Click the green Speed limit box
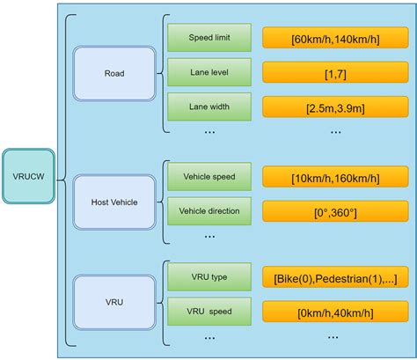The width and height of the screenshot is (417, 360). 209,37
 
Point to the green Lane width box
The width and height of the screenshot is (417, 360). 209,107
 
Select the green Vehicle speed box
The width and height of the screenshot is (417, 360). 209,176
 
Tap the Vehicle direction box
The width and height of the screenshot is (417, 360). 209,211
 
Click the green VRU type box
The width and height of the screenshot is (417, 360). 209,277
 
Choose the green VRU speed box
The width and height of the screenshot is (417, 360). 209,311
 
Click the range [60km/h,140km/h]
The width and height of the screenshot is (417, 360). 335,38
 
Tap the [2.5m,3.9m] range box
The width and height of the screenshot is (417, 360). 335,107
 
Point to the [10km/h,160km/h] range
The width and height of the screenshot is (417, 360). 335,177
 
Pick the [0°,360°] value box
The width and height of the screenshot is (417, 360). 335,211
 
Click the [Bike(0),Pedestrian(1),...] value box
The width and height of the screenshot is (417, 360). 335,278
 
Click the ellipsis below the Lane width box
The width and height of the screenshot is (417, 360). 209,131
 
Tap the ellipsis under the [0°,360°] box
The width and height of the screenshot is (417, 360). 335,235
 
